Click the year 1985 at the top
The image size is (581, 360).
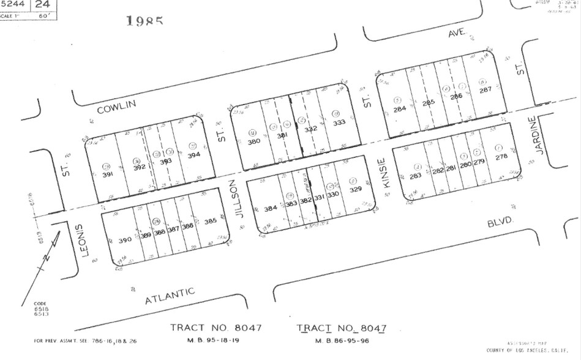[144, 21]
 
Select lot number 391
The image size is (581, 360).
[108, 174]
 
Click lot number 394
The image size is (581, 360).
[193, 155]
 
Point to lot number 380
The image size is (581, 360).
[253, 141]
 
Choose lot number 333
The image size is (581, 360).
[338, 122]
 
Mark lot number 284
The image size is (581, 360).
[399, 110]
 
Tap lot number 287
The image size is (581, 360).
[485, 90]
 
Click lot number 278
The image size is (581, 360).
[501, 157]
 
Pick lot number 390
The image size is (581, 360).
[124, 239]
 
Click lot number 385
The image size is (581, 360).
[210, 221]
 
